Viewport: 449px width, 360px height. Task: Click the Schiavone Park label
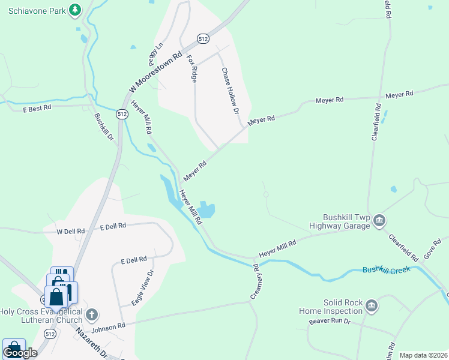pyautogui.click(x=32, y=10)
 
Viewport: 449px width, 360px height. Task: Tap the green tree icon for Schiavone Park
pyautogui.click(x=74, y=10)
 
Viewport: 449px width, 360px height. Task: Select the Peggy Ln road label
pyautogui.click(x=156, y=54)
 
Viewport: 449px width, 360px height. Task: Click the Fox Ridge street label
pyautogui.click(x=191, y=68)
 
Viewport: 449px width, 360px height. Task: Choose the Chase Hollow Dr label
pyautogui.click(x=231, y=91)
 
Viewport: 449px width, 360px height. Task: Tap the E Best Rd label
pyautogui.click(x=37, y=109)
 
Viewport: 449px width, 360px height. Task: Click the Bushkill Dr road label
pyautogui.click(x=104, y=127)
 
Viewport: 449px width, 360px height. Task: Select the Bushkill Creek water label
pyautogui.click(x=386, y=270)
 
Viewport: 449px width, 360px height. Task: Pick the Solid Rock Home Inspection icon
pyautogui.click(x=372, y=307)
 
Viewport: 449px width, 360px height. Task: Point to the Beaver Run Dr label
pyautogui.click(x=329, y=322)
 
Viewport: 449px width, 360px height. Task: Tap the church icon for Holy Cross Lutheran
pyautogui.click(x=91, y=314)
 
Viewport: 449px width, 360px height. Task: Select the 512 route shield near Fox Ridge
pyautogui.click(x=203, y=38)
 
